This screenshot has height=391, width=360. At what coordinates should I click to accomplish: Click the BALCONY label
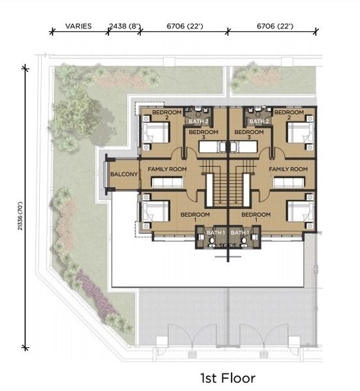click(x=124, y=174)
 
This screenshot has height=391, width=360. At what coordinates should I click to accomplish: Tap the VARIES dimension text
click(x=78, y=26)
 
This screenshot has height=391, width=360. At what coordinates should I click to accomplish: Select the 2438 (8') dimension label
click(x=125, y=26)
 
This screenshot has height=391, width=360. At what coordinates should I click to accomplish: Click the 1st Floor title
click(x=228, y=378)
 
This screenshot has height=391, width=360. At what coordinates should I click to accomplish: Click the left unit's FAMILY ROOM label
click(x=167, y=169)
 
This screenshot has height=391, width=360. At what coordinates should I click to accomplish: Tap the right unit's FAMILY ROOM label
click(x=288, y=169)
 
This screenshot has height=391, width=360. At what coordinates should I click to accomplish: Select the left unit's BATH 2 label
click(x=198, y=121)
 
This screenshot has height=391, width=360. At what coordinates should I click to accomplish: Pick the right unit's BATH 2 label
click(x=259, y=121)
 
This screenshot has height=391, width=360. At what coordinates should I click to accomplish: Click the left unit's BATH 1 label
click(x=216, y=233)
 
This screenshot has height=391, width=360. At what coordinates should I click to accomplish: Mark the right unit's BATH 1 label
click(x=240, y=233)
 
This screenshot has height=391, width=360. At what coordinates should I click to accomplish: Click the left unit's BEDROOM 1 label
click(x=195, y=217)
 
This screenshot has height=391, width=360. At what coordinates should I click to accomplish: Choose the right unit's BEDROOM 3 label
click(x=249, y=134)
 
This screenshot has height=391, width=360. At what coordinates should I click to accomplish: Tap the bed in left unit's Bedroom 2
click(x=156, y=133)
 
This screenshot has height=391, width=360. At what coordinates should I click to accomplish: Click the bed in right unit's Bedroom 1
click(x=301, y=211)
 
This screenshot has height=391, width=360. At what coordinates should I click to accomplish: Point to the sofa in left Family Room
click(x=168, y=182)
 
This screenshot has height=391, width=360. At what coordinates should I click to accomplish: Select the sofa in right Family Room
click(x=289, y=182)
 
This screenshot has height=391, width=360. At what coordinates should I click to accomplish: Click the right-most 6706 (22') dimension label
click(x=275, y=26)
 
